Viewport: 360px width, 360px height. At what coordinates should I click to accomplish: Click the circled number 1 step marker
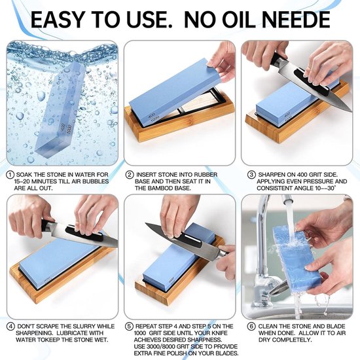(10, 175)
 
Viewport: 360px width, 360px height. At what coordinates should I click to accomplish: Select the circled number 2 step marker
(130, 175)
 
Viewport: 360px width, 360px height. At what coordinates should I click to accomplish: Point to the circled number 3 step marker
(251, 175)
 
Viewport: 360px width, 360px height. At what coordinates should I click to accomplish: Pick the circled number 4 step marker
(10, 327)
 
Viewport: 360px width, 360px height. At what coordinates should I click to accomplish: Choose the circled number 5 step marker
(129, 327)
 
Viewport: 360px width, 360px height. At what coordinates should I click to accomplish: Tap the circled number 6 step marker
(251, 327)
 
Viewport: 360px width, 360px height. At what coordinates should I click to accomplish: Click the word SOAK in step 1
(24, 175)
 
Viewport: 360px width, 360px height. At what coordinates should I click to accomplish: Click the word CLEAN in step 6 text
(268, 327)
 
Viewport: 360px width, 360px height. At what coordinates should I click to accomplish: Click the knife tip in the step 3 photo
(350, 111)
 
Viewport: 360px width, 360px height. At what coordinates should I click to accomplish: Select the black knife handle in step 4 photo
(48, 226)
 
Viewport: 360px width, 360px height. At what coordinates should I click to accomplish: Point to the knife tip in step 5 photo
(147, 224)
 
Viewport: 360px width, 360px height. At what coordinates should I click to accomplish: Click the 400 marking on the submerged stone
(63, 128)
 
